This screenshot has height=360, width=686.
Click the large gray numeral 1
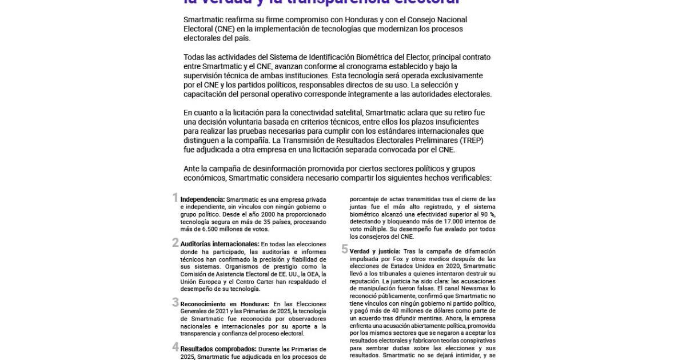pyautogui.click(x=176, y=198)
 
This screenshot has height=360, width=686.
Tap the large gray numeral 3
pyautogui.click(x=176, y=302)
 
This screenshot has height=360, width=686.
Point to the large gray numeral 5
pyautogui.click(x=345, y=249)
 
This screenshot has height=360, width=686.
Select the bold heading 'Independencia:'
pyautogui.click(x=203, y=199)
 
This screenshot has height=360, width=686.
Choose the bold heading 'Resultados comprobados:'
pyautogui.click(x=218, y=349)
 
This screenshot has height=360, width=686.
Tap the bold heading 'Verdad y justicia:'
pyautogui.click(x=375, y=251)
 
